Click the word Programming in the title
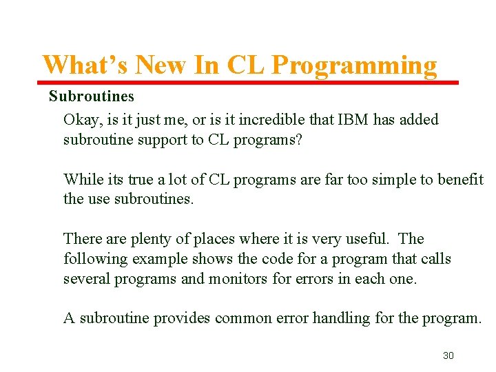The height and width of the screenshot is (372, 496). [354, 65]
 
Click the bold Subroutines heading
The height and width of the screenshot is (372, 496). [91, 96]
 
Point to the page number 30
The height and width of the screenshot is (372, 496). [448, 355]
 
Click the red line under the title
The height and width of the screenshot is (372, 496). [248, 83]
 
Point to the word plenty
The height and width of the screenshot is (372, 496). [156, 239]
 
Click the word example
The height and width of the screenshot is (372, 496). [154, 259]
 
